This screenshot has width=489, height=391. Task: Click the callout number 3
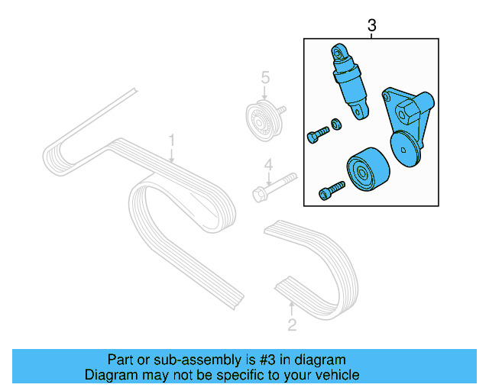372,26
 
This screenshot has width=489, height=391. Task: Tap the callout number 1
173,141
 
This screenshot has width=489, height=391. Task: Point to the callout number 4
267,164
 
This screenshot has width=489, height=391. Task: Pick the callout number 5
265,77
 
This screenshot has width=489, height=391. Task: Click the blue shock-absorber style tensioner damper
351,83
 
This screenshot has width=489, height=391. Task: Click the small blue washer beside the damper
336,124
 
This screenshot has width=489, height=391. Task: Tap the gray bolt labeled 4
272,186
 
